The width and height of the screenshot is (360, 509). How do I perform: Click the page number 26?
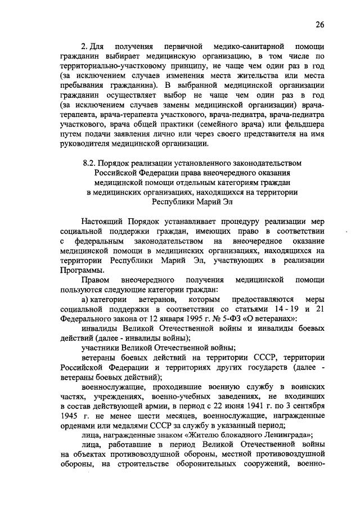pos(319,25)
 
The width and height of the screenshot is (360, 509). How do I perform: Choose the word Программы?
pos(83,269)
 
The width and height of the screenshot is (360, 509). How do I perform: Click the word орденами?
pos(78,425)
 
